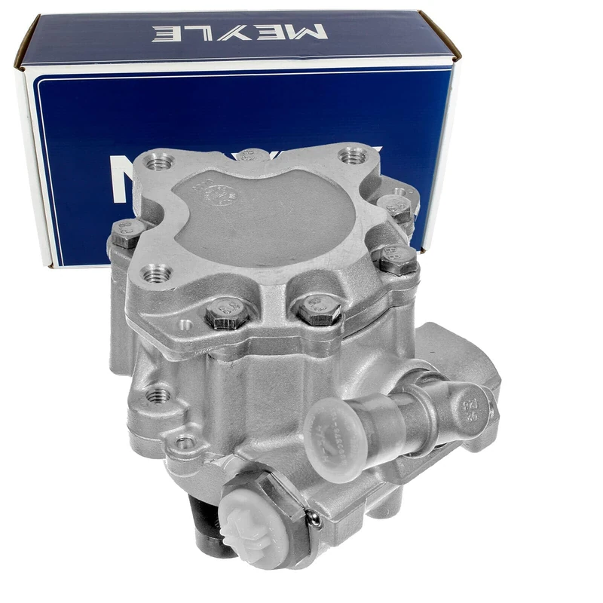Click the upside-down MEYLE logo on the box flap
pyautogui.click(x=240, y=32)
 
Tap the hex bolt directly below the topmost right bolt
pyautogui.click(x=396, y=259)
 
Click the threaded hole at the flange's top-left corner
pyautogui.click(x=160, y=162)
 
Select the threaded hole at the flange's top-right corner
pyautogui.click(x=352, y=157)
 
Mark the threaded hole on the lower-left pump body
pyautogui.click(x=157, y=395)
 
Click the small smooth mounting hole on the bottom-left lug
pyautogui.click(x=184, y=442)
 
